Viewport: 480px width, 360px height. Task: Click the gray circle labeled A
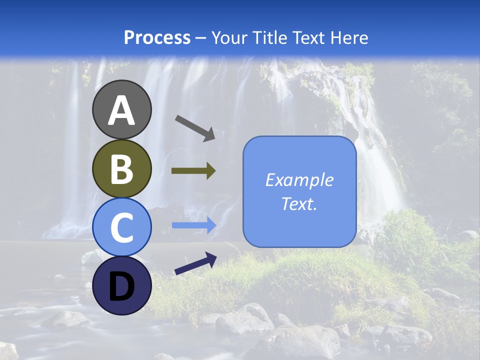coord(121,109)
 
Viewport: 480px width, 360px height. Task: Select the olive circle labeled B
coord(121,168)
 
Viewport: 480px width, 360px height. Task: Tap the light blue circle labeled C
coord(121,227)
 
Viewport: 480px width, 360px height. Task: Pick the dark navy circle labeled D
coord(121,285)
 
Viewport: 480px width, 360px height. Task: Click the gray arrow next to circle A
coord(195,127)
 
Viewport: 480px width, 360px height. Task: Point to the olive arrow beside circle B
coord(193,171)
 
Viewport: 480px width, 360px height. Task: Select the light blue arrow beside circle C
coord(193,225)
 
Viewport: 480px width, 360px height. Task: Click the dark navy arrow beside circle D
coord(195,263)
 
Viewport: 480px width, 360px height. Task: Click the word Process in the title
coord(157,37)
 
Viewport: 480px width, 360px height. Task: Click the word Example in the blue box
coord(299,180)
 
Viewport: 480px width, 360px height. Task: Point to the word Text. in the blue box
coord(299,203)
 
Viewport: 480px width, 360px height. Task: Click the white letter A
coord(121,111)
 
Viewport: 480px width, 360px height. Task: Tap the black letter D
coord(121,286)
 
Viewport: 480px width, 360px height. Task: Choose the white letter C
coord(121,228)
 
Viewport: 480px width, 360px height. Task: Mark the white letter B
coord(121,169)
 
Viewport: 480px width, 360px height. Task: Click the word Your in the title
coord(230,37)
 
